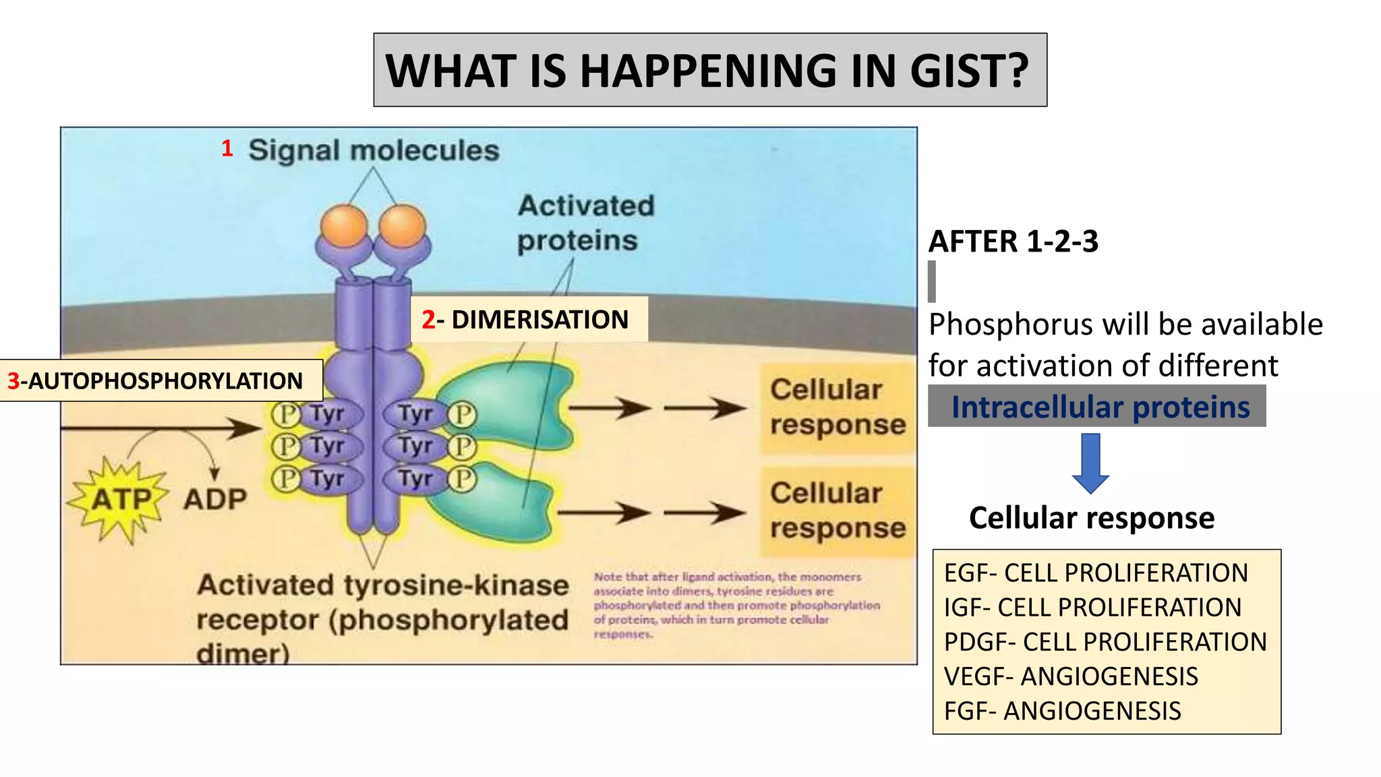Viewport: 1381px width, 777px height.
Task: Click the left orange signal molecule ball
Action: tap(344, 225)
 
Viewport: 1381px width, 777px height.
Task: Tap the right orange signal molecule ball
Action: tap(403, 225)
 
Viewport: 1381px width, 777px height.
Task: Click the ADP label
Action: tap(215, 500)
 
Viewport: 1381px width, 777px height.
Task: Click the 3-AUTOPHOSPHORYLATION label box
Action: tap(160, 381)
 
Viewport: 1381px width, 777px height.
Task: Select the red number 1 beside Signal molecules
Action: tap(227, 148)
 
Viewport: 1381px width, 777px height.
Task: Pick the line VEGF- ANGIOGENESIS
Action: tap(1071, 677)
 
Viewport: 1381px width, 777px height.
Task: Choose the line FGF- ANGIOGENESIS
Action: tap(1062, 711)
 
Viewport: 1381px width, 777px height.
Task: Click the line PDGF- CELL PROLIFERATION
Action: tap(1105, 642)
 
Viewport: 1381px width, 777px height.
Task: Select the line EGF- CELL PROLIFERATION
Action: tap(1096, 573)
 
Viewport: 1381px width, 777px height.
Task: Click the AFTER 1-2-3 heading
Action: tap(1013, 241)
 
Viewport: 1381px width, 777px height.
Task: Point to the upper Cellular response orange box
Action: tap(837, 407)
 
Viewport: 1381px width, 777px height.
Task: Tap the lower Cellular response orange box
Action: tap(837, 511)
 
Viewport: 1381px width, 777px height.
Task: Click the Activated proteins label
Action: tap(585, 223)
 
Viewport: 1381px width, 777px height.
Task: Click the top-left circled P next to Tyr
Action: tap(286, 414)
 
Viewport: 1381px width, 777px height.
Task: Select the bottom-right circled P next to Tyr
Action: tap(463, 479)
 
